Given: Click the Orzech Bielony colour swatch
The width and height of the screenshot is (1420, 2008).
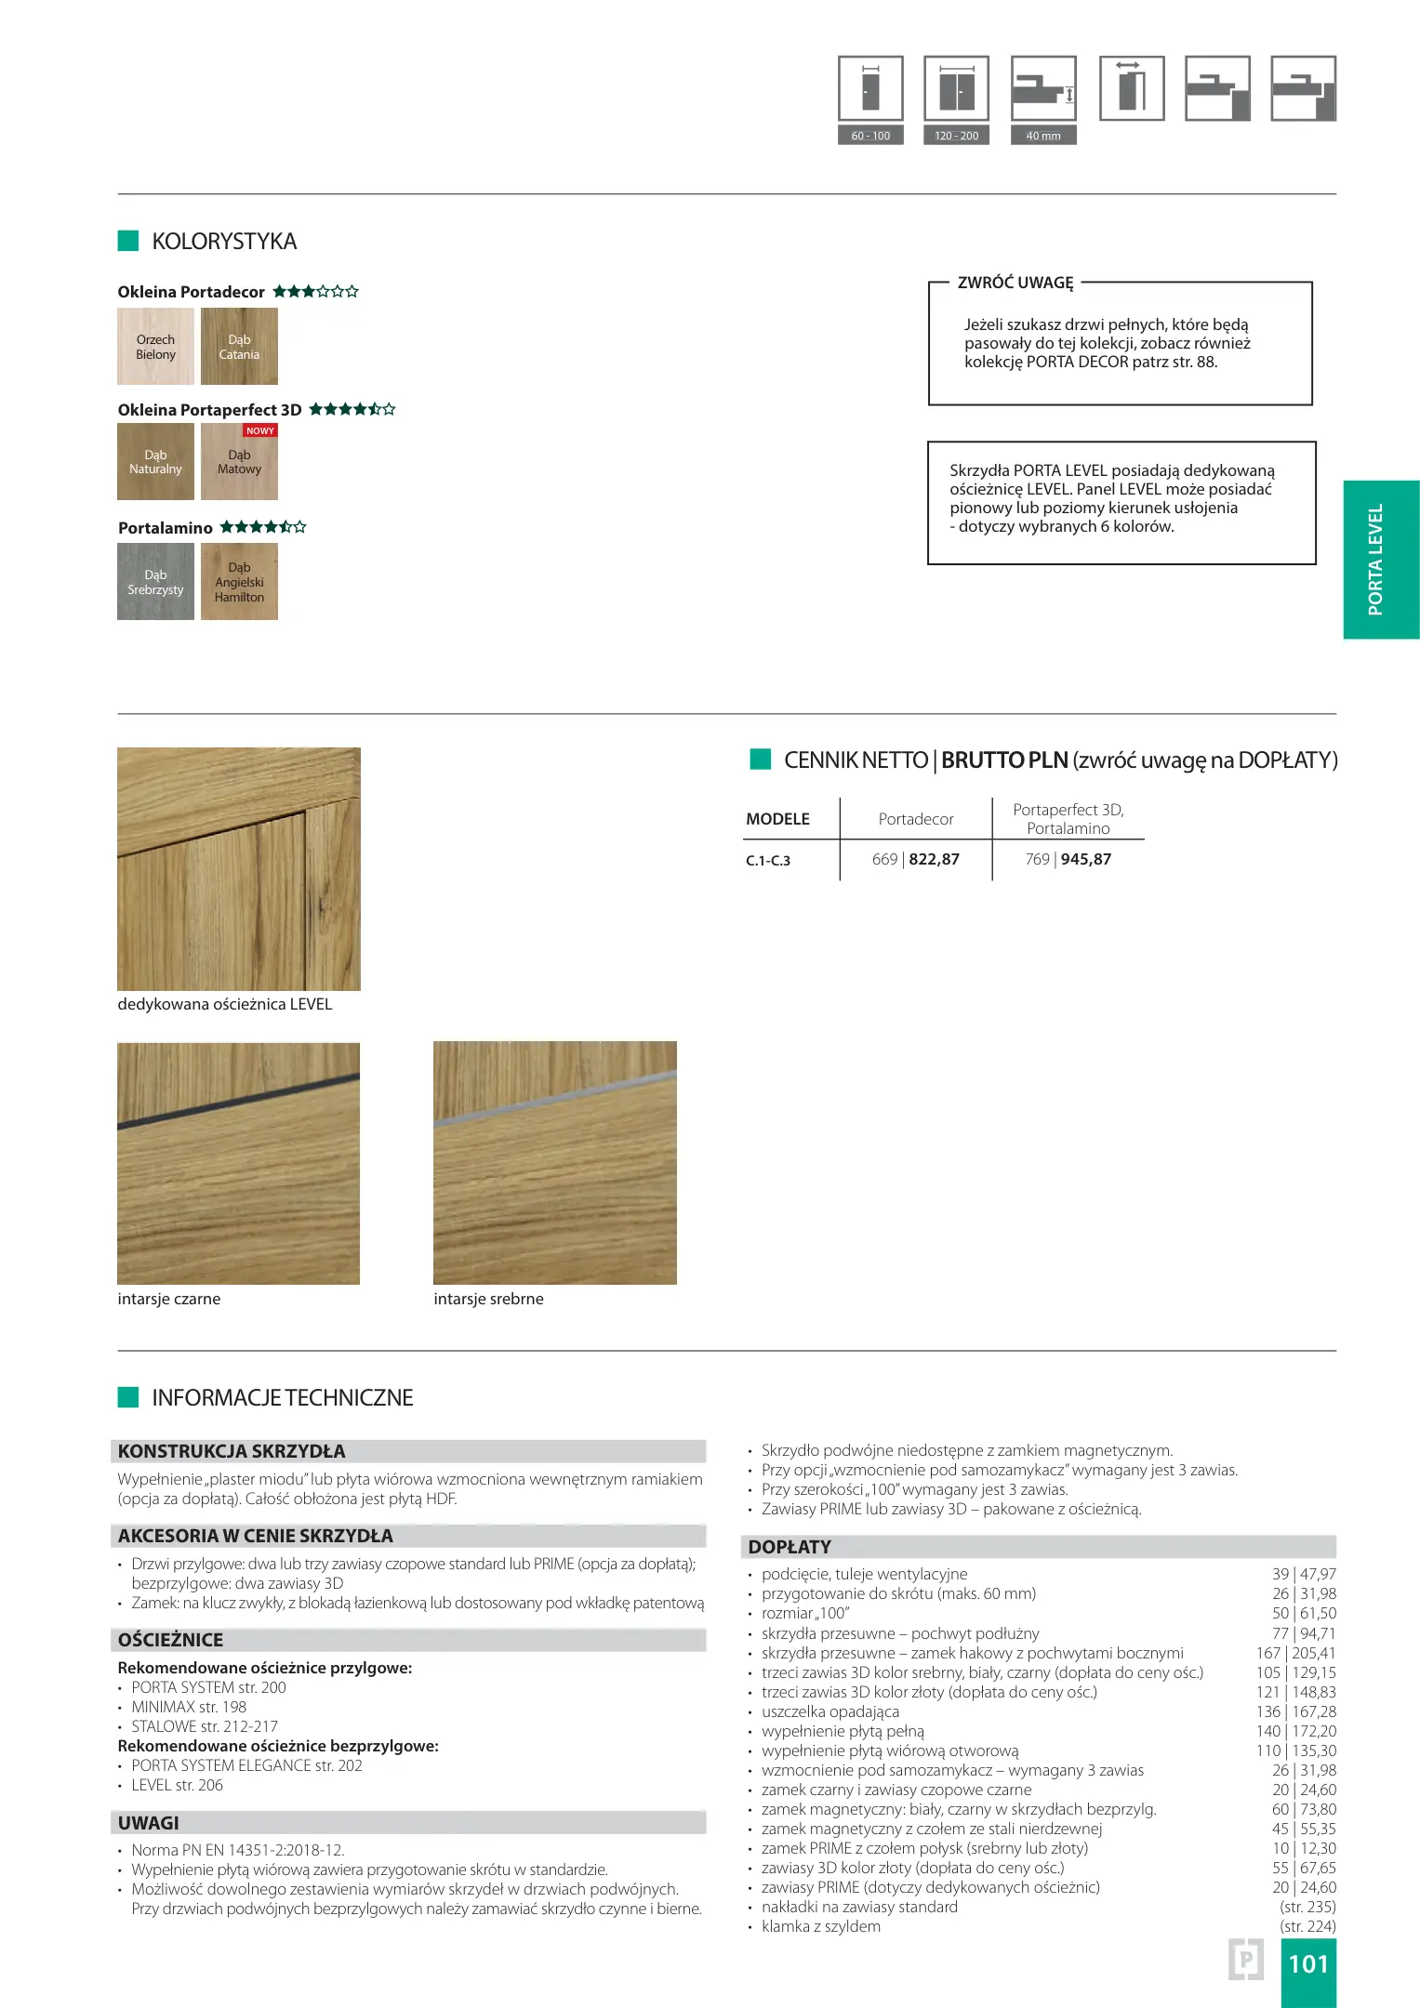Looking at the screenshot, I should (x=155, y=347).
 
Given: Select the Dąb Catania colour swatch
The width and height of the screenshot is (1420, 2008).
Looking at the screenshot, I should (x=239, y=347).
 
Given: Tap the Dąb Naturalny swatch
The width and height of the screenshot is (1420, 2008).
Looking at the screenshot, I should (x=155, y=462).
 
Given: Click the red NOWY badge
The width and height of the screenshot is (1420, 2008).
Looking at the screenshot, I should (x=260, y=430).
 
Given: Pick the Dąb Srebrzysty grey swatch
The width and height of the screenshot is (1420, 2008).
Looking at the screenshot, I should (x=155, y=582).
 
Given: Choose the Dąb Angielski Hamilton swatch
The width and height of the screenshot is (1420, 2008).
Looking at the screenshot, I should (x=239, y=582).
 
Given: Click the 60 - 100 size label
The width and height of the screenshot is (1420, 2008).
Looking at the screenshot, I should (x=870, y=136).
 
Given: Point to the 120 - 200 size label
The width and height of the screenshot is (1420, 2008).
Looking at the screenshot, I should (x=956, y=136).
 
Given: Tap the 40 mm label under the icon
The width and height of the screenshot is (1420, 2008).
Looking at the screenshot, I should (x=1043, y=136).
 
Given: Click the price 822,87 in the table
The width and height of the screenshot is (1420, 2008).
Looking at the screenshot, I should (x=935, y=860).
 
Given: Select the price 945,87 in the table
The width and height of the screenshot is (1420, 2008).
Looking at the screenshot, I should (x=1086, y=860).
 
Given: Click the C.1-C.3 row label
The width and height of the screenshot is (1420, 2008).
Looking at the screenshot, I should (x=768, y=861).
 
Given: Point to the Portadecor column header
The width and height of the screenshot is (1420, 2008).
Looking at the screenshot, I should (x=916, y=819).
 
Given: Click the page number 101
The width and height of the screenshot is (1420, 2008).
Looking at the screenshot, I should (x=1308, y=1963).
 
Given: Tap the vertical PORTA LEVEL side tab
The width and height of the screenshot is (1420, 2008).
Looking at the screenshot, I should (x=1381, y=560).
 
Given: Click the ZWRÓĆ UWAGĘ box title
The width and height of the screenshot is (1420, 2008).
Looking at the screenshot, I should (x=1015, y=283).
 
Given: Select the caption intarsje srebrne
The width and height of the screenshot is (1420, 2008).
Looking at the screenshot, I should (x=488, y=1299).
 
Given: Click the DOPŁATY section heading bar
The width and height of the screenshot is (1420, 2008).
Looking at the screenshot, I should (x=1039, y=1547).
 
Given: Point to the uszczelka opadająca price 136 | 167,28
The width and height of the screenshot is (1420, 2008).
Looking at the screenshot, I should (x=1295, y=1711).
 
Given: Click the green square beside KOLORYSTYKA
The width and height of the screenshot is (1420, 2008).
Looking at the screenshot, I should (x=128, y=241).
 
